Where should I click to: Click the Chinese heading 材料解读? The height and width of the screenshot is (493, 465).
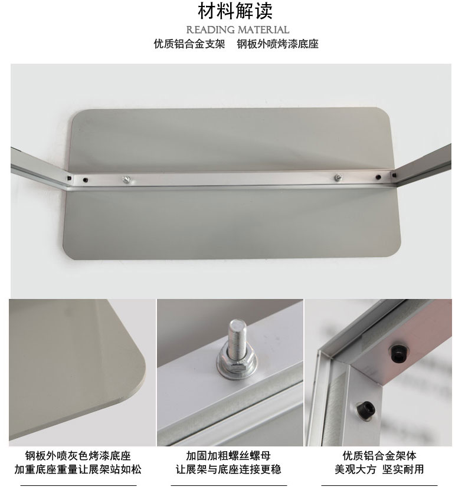[x=235, y=11]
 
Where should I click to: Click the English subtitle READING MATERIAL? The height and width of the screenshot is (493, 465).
[x=238, y=30]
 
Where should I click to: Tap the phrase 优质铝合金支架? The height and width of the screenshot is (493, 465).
[x=189, y=44]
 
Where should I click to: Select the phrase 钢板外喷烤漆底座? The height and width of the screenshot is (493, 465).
[x=277, y=44]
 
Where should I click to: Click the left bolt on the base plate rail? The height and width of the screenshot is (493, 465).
[x=127, y=179]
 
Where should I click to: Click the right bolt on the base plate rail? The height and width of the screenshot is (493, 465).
[x=339, y=178]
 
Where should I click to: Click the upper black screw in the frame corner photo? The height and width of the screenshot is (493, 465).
[x=399, y=353]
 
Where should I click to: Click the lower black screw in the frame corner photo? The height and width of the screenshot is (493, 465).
[x=366, y=409]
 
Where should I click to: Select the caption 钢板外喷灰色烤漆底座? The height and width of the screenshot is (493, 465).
[x=78, y=456]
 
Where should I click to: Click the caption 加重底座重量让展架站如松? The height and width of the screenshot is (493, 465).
[x=78, y=469]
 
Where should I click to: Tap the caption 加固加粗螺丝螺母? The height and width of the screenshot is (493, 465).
[x=228, y=456]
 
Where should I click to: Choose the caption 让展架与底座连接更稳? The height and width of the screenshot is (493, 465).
[x=228, y=469]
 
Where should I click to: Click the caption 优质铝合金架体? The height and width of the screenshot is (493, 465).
[x=379, y=456]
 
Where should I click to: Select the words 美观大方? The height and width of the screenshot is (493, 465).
[x=355, y=469]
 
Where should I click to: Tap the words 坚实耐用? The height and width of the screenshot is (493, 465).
[x=403, y=469]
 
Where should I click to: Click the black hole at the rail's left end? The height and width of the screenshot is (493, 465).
[x=69, y=178]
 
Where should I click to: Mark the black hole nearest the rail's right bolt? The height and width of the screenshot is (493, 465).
[x=378, y=178]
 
